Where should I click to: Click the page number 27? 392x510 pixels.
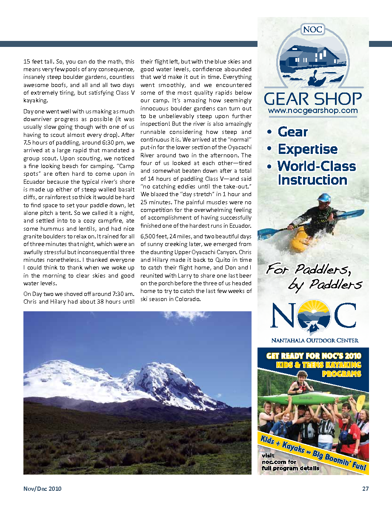pos(365,489)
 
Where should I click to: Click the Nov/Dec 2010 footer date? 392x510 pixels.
pos(43,489)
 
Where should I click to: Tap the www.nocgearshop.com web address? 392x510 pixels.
pos(312,111)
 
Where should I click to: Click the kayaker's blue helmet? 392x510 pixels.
pos(324,198)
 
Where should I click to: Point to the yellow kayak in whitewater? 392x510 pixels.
pos(303,239)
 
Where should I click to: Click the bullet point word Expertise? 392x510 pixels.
pos(307,149)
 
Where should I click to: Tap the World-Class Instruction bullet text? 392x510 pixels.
pos(317,173)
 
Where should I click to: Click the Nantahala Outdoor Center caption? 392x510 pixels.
pos(315,340)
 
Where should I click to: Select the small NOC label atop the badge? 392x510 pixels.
pos(313,30)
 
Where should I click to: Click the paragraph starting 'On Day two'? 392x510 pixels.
pos(79,298)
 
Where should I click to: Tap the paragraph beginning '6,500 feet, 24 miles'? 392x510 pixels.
pos(196,268)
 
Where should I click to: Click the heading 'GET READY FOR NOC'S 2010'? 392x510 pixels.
pos(313,356)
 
